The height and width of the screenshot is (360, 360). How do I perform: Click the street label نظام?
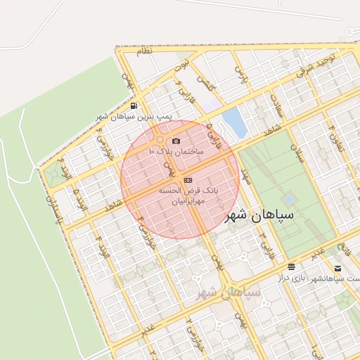143,52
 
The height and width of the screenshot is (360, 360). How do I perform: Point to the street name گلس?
205,86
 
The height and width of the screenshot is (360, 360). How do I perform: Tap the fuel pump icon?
134,105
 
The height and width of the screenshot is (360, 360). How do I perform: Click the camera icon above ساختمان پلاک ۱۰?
176,141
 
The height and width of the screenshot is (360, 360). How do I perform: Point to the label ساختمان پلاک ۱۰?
176,151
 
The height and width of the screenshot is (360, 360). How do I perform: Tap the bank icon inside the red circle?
187,181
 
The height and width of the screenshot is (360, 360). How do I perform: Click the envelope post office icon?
337,269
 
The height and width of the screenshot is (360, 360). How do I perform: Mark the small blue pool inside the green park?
289,200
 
